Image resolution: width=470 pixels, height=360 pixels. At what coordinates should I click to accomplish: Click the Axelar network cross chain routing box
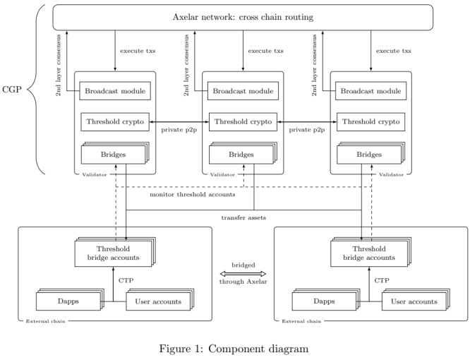[x=243, y=17]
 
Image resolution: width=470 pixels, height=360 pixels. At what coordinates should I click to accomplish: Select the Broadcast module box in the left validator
[x=115, y=91]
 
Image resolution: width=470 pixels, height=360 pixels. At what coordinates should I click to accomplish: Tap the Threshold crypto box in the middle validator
[x=243, y=121]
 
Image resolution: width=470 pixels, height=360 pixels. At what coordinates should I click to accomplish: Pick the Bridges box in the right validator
[x=368, y=155]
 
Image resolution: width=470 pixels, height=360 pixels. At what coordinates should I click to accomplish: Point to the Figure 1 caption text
[x=234, y=348]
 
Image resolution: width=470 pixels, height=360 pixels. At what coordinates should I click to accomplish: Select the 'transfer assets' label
[x=243, y=217]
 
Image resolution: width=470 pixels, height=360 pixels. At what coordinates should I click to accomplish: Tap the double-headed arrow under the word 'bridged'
[x=243, y=273]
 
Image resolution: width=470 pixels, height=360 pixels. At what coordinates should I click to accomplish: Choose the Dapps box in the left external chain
[x=68, y=301]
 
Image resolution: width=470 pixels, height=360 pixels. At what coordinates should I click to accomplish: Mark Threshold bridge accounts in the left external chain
[x=113, y=253]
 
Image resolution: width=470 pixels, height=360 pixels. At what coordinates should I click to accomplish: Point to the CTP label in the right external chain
[x=382, y=280]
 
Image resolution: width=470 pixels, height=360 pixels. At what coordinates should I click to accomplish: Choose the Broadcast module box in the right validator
[x=371, y=91]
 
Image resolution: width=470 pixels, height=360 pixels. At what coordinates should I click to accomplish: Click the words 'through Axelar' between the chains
[x=243, y=281]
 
